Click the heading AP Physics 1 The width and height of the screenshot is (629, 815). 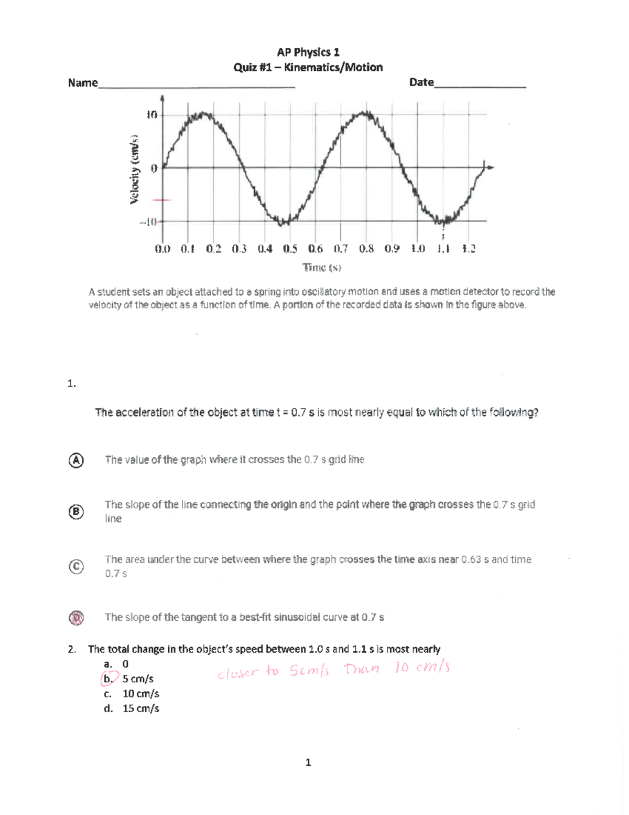(308, 52)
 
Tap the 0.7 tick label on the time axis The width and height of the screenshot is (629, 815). (340, 249)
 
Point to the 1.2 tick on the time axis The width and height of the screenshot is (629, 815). (468, 249)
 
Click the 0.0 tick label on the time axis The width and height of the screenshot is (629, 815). (162, 249)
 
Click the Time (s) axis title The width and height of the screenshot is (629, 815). (322, 268)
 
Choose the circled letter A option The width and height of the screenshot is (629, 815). (76, 460)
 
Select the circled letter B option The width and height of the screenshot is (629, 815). (76, 512)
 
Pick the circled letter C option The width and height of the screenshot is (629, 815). (76, 567)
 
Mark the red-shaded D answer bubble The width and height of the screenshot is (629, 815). (76, 618)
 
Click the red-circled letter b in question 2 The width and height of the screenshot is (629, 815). (107, 679)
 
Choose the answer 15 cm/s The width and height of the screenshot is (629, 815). (140, 708)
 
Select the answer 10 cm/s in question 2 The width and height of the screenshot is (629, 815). (140, 694)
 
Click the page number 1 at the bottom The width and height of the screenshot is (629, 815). (308, 763)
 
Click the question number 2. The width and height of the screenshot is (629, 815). (71, 649)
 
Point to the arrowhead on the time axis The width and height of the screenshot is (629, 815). (491, 167)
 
